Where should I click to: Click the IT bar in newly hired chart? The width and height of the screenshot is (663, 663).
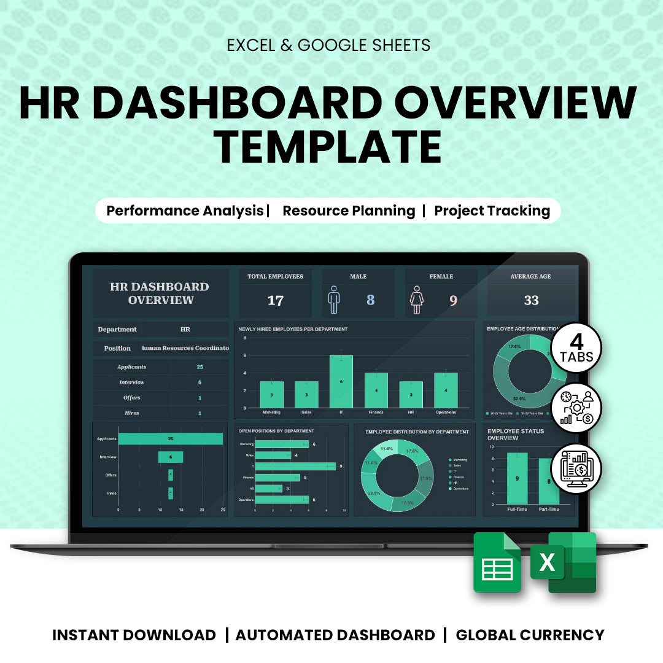(x=341, y=381)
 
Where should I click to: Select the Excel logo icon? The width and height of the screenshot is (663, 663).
(x=564, y=562)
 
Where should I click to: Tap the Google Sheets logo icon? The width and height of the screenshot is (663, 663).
(x=497, y=562)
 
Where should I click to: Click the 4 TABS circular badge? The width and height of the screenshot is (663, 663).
(x=576, y=347)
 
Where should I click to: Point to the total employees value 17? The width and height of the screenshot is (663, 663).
(x=276, y=300)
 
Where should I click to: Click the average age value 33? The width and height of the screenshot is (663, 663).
(x=531, y=300)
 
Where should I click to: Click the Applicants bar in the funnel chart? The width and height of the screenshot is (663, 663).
(x=171, y=439)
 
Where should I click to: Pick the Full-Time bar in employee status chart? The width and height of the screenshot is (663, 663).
(x=517, y=478)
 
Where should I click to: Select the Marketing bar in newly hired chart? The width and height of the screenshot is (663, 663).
(x=271, y=394)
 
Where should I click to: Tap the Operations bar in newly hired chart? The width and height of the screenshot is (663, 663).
(x=446, y=390)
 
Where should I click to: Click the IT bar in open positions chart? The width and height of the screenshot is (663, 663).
(x=295, y=467)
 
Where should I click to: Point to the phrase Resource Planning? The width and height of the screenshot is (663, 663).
(x=349, y=211)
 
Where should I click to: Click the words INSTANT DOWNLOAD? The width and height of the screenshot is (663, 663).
(x=134, y=635)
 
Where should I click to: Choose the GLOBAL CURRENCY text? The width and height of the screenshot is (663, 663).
(x=530, y=635)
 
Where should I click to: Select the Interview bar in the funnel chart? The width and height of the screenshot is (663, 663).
(x=171, y=457)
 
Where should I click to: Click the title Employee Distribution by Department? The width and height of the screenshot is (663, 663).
(x=417, y=432)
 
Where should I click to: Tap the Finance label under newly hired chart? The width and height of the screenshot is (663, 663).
(x=376, y=413)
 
